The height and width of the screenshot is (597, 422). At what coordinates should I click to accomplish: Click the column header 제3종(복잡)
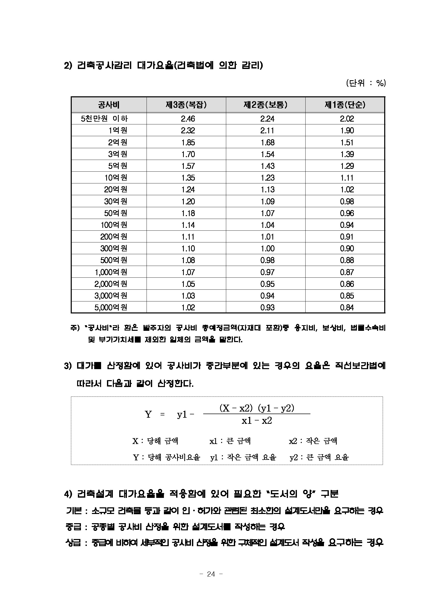point(186,105)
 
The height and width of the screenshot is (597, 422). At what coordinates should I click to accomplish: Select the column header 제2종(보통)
point(265,105)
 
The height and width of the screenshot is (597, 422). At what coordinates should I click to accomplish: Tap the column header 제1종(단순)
point(345,105)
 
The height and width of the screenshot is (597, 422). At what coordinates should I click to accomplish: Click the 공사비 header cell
point(108,105)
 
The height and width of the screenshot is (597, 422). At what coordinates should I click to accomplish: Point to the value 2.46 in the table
point(188,119)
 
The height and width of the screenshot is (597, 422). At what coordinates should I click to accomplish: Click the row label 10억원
point(116,178)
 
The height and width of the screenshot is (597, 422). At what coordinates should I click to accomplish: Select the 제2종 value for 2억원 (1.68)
point(267,143)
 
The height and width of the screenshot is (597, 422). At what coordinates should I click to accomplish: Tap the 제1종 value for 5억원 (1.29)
point(347,166)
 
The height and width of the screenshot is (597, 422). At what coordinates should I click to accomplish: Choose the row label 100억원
point(114,225)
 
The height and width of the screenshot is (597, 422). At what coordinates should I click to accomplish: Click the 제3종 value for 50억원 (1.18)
point(188,213)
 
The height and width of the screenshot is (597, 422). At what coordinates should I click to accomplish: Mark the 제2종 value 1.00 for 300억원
point(267,249)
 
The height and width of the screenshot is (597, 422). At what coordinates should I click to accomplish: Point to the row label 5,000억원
point(111,307)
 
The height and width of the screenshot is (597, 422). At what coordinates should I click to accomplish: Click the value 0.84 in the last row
point(347,308)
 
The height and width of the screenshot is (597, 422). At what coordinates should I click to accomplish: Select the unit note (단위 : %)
point(366,83)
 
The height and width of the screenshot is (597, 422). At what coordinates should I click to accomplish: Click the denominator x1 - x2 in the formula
point(257,420)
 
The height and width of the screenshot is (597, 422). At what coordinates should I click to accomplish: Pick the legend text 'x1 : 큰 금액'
point(230,441)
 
